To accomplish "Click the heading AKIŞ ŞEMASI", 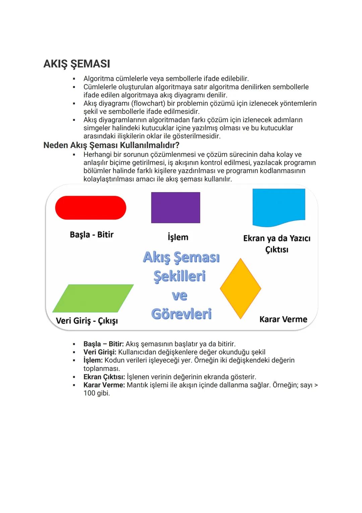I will point(76,64).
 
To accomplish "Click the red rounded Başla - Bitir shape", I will point(90,208).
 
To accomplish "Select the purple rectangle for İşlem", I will point(175,207).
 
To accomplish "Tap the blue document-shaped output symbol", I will point(279,206).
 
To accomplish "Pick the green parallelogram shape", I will point(93,298).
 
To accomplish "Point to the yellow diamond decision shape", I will point(240,288).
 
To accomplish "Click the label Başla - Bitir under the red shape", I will point(92,235).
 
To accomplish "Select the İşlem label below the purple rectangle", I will point(178,237).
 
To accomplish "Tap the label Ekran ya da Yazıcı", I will point(277,238).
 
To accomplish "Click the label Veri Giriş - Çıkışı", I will point(87,321).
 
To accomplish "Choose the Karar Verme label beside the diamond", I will point(283,319).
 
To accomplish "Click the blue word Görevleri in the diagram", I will point(181,314).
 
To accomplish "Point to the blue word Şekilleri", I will point(180,276).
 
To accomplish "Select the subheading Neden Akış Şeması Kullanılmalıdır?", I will point(111,145).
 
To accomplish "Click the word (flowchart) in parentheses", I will point(148,103).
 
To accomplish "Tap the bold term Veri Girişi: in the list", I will point(100,352).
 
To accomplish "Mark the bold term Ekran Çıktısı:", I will point(104,377).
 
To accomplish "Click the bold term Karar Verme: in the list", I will point(104,385).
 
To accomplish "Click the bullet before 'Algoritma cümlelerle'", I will point(74,79).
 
